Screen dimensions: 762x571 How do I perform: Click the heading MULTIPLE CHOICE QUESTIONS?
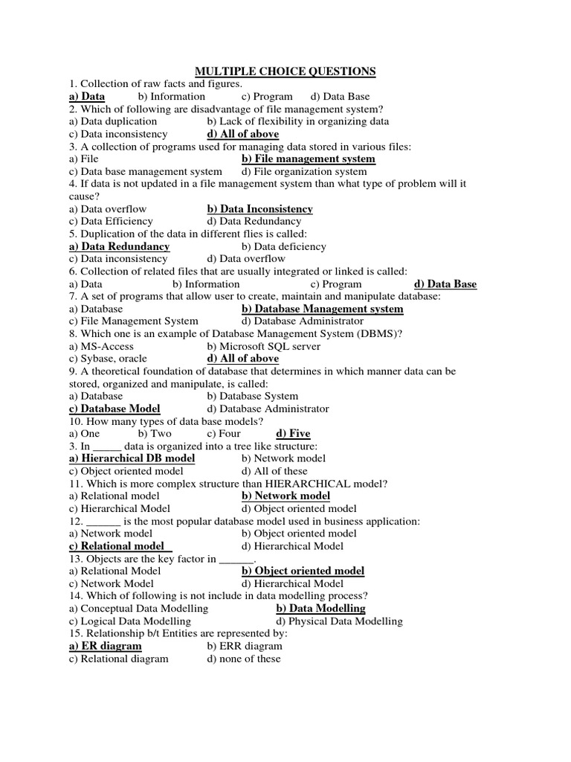coord(285,71)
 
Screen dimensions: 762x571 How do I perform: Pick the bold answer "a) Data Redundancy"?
coord(119,246)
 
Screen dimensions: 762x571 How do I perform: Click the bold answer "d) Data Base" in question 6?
coord(445,284)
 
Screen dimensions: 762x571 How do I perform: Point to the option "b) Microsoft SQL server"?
coord(264,346)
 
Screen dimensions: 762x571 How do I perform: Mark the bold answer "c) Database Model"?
coord(114,409)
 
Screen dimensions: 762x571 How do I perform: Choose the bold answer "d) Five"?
coord(293,434)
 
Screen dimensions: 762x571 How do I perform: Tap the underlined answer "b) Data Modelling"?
coord(320,609)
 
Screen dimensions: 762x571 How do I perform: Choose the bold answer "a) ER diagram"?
coord(105,646)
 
